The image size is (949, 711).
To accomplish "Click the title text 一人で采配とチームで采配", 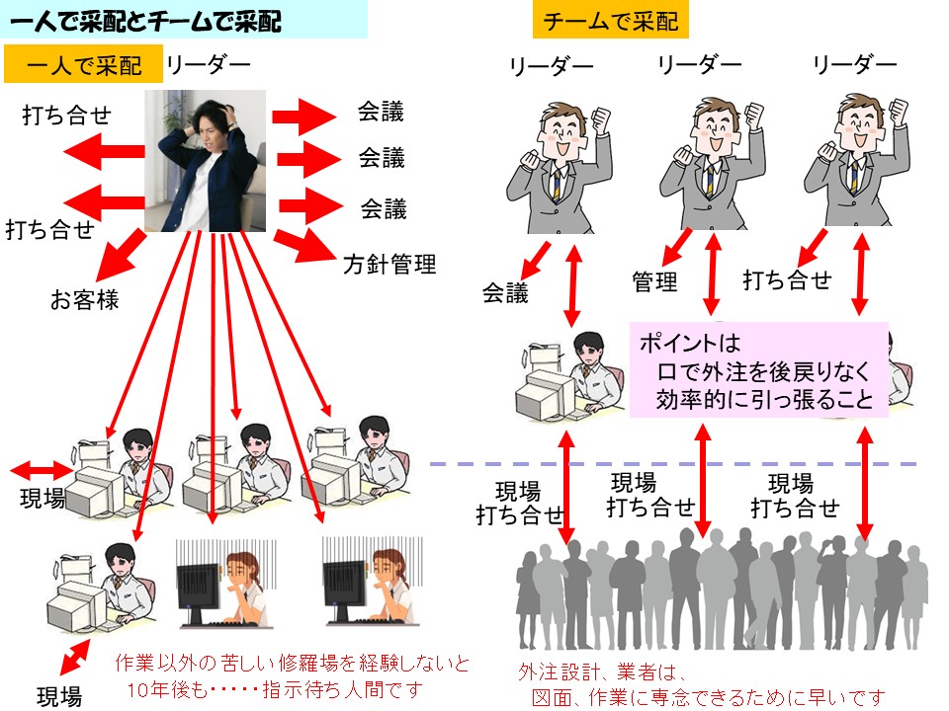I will pos(148,21).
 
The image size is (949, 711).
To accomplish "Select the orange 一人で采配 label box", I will pos(83,66).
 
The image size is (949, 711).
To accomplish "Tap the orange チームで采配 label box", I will pos(611,21).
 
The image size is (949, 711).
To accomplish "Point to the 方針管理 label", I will pos(389,265).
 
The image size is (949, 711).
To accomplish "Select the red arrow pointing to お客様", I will pos(117,256).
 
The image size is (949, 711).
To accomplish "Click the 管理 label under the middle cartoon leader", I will pos(654,282).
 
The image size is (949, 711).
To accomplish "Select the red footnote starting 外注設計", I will pos(702,685).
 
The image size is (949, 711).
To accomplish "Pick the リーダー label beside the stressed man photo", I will pos(208,66).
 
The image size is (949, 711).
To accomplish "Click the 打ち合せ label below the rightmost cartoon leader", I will pos(787,280).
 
